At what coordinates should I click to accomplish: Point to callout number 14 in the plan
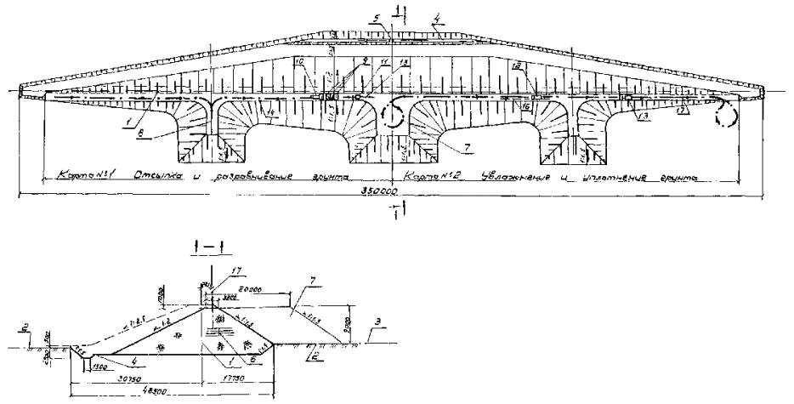coord(270,111)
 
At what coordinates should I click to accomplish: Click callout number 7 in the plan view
coord(466,146)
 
